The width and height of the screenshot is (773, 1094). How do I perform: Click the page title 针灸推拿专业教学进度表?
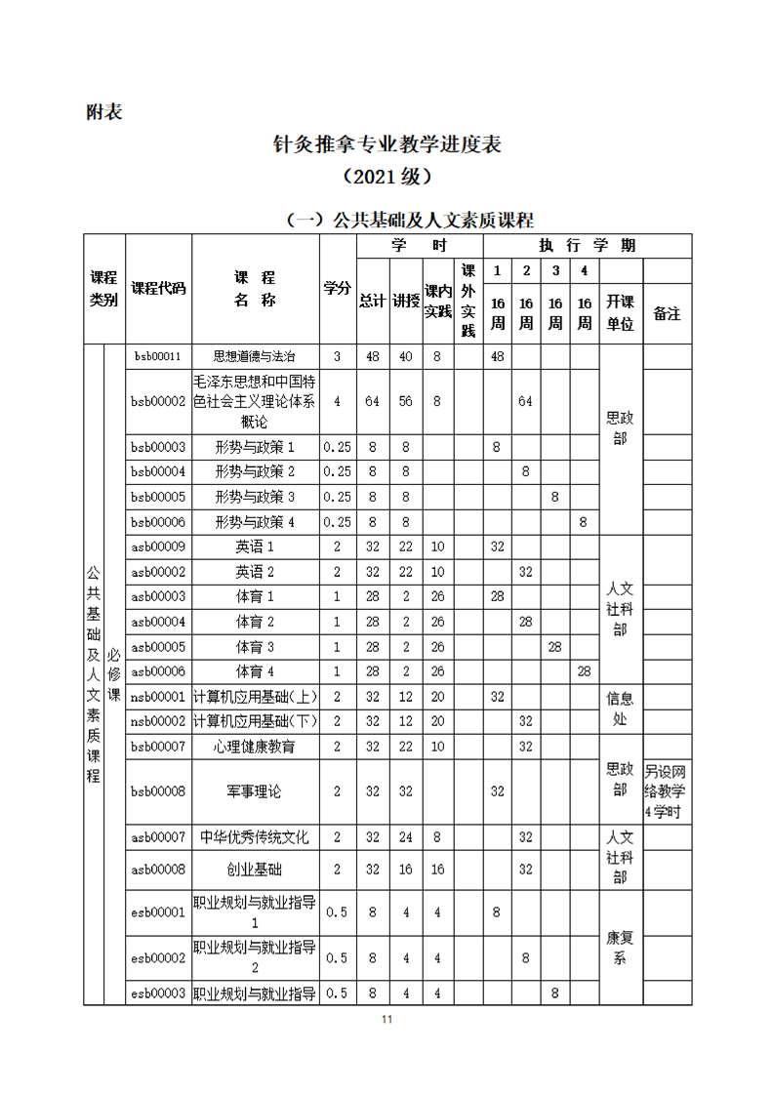click(386, 145)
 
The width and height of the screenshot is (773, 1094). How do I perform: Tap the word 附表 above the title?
click(104, 111)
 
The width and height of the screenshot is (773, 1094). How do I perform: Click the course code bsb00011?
click(158, 356)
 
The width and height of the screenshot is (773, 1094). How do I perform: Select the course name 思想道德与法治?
click(255, 356)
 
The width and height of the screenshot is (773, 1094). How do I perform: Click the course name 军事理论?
click(255, 790)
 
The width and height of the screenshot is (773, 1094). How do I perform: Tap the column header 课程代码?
click(158, 288)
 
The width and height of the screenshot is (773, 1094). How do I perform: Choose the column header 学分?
click(338, 288)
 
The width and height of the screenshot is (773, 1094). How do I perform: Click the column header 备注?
click(667, 313)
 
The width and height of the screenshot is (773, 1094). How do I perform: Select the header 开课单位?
click(620, 312)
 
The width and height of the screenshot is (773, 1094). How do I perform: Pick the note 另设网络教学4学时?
click(667, 790)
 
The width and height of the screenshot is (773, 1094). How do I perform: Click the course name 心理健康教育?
click(255, 747)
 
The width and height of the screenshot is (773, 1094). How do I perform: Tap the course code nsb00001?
click(158, 697)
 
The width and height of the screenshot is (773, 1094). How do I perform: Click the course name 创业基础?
click(255, 869)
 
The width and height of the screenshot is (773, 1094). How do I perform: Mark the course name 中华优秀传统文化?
click(255, 837)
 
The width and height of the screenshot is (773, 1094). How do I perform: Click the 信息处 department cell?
click(620, 709)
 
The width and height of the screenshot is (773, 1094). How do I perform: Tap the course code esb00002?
click(158, 958)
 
